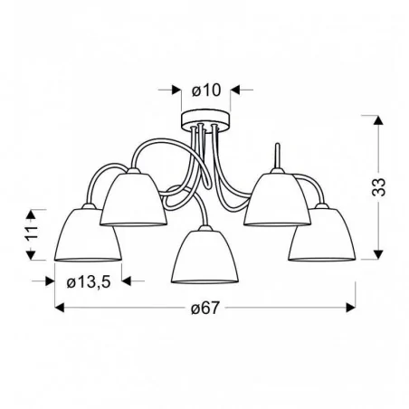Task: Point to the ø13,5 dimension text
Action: pos(90,281)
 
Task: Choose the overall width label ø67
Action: pos(205,309)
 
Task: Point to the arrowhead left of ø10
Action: pos(172,90)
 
